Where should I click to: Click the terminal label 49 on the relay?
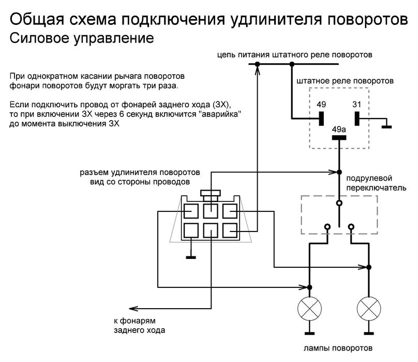(x=321, y=105)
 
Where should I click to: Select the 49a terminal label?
(x=339, y=128)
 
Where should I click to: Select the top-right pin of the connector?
(x=230, y=211)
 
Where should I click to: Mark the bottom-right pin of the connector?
(x=230, y=229)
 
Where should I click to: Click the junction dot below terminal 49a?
(x=339, y=172)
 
